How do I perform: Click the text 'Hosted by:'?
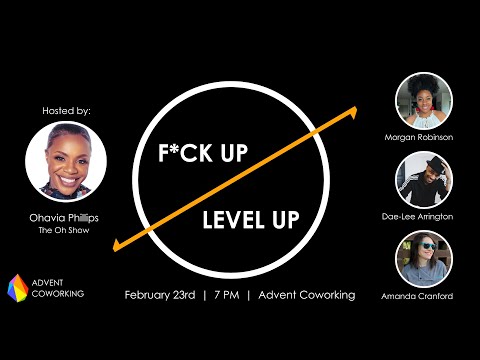click(66, 111)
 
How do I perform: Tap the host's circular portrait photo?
click(66, 162)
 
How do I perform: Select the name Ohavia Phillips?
click(64, 218)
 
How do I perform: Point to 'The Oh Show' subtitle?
click(64, 230)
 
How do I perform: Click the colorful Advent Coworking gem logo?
click(18, 288)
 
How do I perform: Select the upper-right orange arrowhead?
click(353, 112)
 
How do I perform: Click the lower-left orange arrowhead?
click(117, 246)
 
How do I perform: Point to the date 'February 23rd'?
click(160, 295)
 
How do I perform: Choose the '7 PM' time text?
click(227, 295)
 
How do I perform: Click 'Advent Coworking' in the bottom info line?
click(307, 295)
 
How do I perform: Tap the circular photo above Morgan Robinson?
click(424, 101)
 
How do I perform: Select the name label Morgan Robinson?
click(419, 137)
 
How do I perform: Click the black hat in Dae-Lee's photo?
click(436, 164)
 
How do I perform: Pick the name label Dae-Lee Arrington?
click(417, 217)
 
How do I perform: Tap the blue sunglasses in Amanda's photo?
click(428, 246)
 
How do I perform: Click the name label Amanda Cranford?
click(417, 296)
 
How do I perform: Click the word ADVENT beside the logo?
click(47, 283)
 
